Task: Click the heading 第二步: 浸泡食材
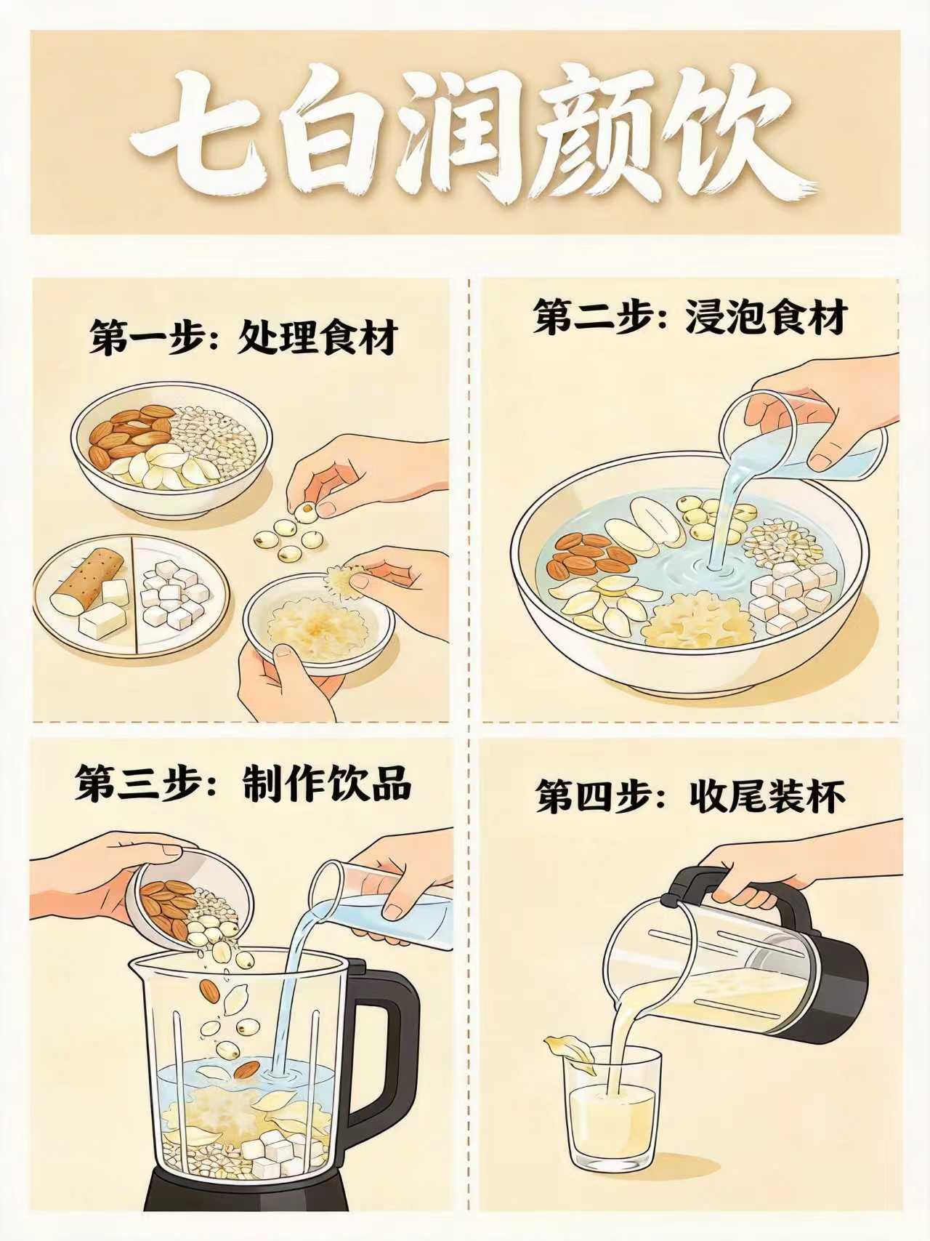point(691,317)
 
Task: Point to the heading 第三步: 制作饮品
point(243,783)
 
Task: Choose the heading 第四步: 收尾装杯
point(691,796)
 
